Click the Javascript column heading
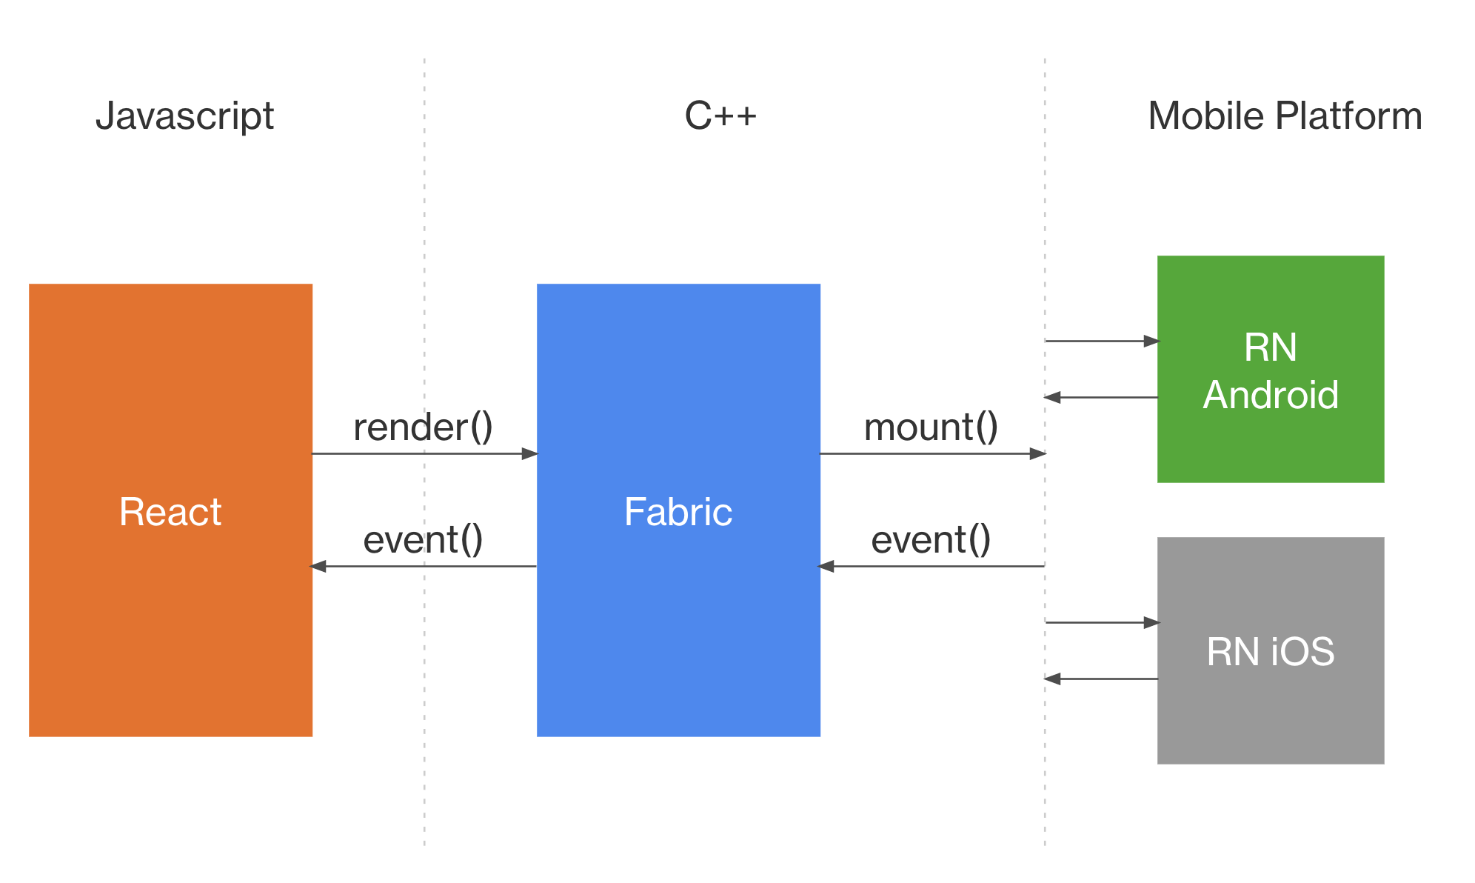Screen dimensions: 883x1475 [184, 116]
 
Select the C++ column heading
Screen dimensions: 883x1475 [720, 116]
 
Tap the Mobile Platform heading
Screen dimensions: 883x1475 [1285, 116]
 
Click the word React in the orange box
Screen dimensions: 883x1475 [170, 512]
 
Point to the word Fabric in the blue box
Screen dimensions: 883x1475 [678, 512]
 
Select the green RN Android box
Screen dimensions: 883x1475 [1270, 444]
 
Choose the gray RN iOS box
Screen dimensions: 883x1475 [1270, 719]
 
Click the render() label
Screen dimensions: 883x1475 [423, 427]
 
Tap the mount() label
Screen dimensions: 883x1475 [931, 427]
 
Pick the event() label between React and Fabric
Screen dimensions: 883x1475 [423, 540]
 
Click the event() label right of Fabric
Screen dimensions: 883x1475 [931, 540]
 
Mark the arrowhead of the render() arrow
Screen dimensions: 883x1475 [529, 453]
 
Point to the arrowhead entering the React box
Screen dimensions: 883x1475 [318, 567]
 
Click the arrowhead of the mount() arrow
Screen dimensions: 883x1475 [1037, 453]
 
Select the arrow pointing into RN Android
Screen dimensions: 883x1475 [1101, 341]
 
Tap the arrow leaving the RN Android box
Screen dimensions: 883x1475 [1101, 397]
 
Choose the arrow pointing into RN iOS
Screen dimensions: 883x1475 [1101, 622]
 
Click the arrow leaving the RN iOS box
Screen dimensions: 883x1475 [1101, 679]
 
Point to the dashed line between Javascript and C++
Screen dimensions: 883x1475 [424, 222]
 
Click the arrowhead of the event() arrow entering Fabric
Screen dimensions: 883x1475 [826, 567]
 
